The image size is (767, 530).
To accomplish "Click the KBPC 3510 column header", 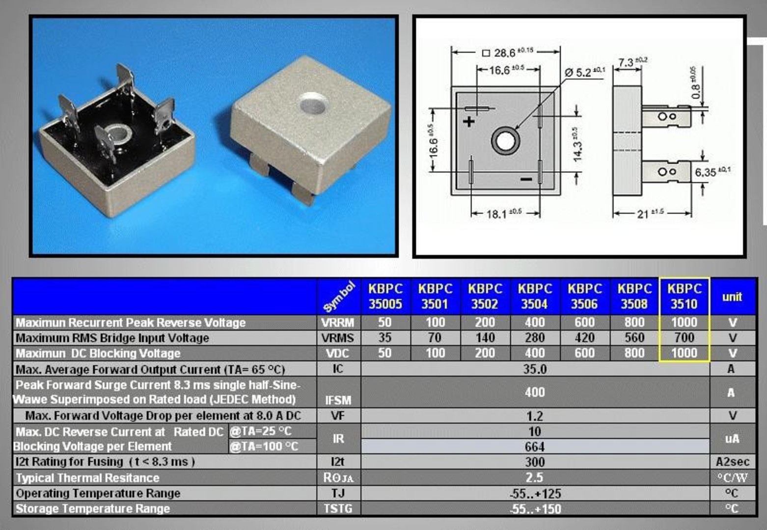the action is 684,296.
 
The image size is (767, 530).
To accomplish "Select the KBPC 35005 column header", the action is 385,296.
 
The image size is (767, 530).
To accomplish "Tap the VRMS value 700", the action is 684,338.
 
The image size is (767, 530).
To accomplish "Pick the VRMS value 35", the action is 385,338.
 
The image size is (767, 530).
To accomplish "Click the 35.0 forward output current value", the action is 535,369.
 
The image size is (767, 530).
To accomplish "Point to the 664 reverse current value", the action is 535,447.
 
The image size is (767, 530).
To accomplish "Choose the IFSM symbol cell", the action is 338,400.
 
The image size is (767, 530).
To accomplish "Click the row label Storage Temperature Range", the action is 93,508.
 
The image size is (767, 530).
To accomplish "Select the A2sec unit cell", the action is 733,462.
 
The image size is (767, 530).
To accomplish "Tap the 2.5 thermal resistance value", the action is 535,477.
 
